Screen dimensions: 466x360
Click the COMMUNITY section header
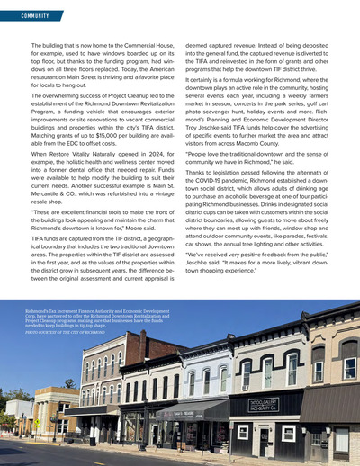pos(28,15)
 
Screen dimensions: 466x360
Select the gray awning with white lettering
pos(202,412)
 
